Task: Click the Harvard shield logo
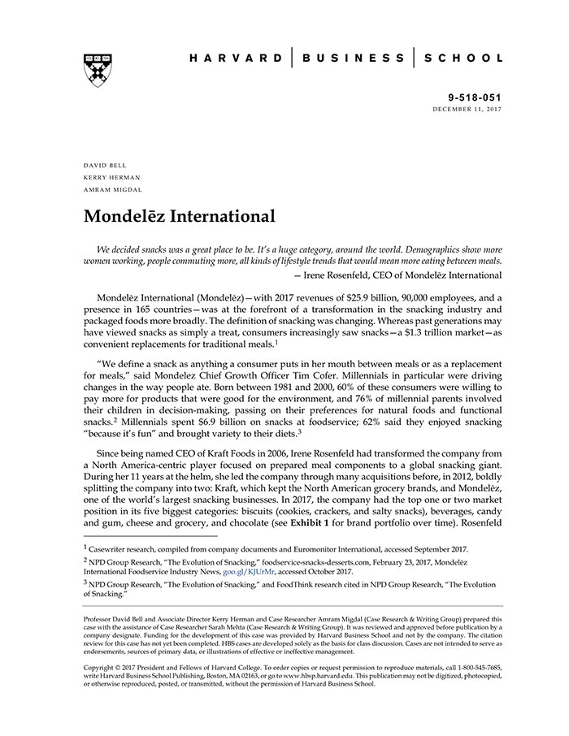pyautogui.click(x=98, y=70)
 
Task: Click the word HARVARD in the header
pyautogui.click(x=236, y=58)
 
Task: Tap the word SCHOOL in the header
pyautogui.click(x=463, y=58)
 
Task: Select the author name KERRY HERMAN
pyautogui.click(x=111, y=177)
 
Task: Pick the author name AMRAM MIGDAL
pyautogui.click(x=113, y=189)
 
